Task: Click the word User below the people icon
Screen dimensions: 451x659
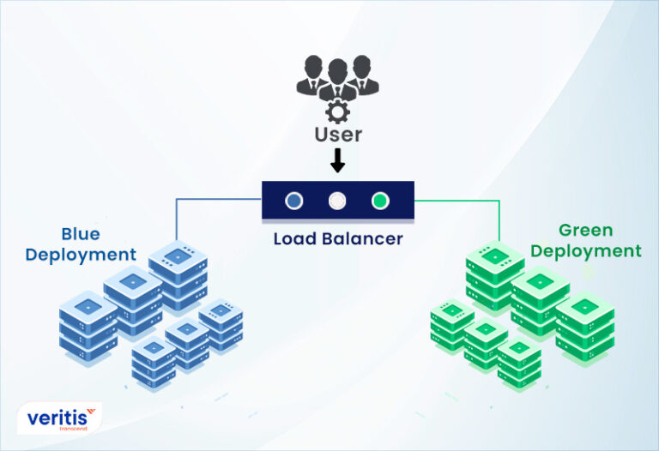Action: point(337,134)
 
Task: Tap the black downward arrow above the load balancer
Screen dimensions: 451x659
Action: point(337,160)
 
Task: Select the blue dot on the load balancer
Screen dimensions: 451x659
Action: point(294,201)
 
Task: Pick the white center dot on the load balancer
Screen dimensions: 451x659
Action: point(337,201)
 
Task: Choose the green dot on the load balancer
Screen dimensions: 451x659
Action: point(380,201)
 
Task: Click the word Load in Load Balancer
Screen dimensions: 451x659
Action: point(295,238)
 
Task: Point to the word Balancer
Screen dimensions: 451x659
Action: point(361,238)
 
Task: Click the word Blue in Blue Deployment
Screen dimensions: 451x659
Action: point(80,234)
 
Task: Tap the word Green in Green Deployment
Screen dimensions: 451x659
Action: point(585,231)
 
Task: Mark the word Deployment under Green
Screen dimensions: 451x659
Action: point(585,251)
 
